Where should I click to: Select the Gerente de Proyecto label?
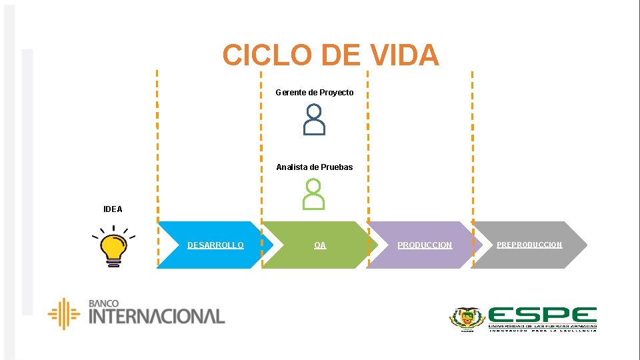[315, 93]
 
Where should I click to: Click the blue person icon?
[315, 120]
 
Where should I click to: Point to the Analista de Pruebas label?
[315, 167]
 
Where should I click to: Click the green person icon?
[314, 195]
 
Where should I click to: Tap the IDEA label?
[113, 209]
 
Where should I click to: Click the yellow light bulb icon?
[113, 247]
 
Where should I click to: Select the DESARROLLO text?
[215, 245]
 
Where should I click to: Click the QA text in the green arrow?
[320, 245]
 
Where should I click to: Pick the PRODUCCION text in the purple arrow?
[425, 245]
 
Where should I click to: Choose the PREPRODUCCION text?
[529, 245]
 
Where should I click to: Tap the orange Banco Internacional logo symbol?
[64, 314]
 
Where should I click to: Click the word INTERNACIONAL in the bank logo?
[157, 316]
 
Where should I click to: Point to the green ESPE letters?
[542, 315]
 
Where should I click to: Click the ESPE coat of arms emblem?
[467, 319]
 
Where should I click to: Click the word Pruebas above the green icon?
[337, 167]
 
